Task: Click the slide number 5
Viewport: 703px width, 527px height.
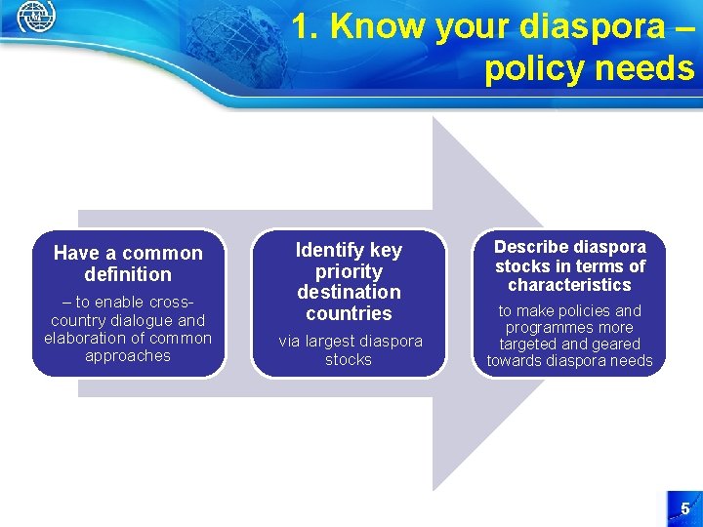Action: [684, 508]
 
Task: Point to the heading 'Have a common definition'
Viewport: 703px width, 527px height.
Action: [128, 263]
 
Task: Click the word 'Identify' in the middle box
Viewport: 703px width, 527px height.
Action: [332, 250]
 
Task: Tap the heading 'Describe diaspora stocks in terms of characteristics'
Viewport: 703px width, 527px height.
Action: [569, 265]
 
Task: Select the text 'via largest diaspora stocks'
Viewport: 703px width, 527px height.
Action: [349, 350]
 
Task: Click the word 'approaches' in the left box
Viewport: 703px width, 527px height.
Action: [128, 356]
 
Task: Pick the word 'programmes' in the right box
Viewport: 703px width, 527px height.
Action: [569, 328]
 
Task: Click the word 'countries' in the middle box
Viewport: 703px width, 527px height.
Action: [349, 313]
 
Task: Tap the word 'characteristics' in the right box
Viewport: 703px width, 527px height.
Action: [569, 285]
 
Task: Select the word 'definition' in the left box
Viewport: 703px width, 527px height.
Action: [128, 274]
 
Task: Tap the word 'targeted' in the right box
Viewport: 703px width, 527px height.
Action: [526, 345]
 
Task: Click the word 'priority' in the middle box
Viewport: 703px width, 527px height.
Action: [349, 271]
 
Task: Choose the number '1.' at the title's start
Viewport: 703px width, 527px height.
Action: [306, 27]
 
